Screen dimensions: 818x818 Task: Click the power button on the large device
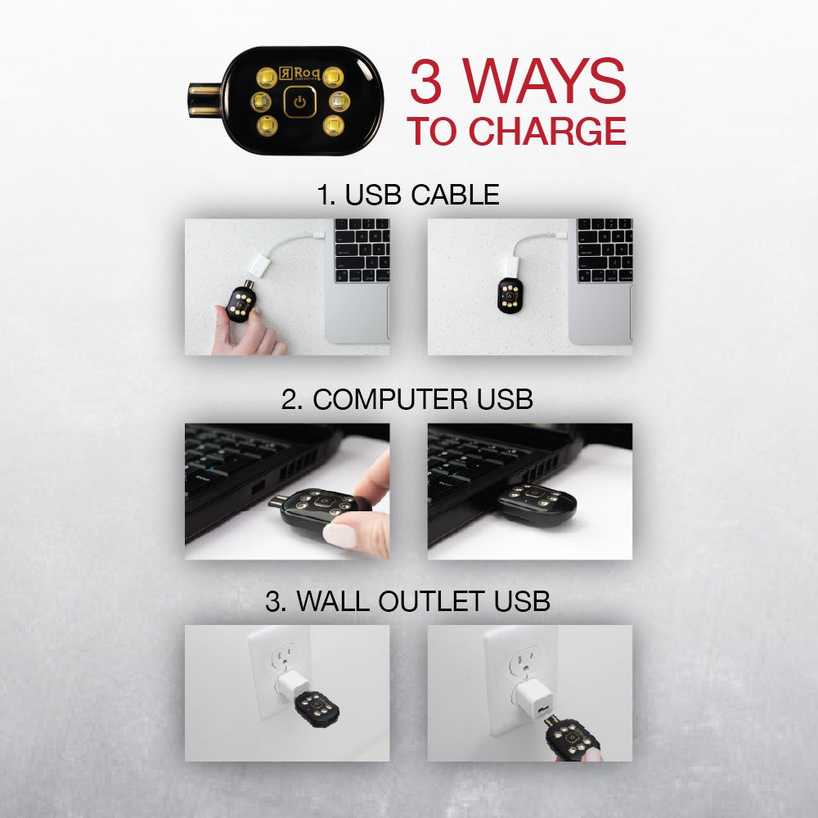tap(299, 101)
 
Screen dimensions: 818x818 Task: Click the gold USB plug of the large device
tap(204, 100)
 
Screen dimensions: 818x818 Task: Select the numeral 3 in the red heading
tap(425, 81)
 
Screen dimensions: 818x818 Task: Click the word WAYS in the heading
tap(544, 81)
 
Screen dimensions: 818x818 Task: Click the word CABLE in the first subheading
tap(455, 195)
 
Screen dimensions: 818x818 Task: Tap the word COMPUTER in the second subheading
tap(390, 399)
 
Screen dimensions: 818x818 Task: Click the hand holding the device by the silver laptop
tap(245, 331)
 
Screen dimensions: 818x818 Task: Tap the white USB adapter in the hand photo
tap(259, 264)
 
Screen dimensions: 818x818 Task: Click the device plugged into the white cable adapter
tap(509, 295)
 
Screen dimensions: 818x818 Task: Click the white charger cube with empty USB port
tap(533, 699)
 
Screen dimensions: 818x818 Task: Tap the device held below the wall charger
tap(571, 739)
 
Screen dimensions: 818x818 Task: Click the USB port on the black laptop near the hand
tap(258, 489)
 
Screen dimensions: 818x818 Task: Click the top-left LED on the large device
tap(266, 78)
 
